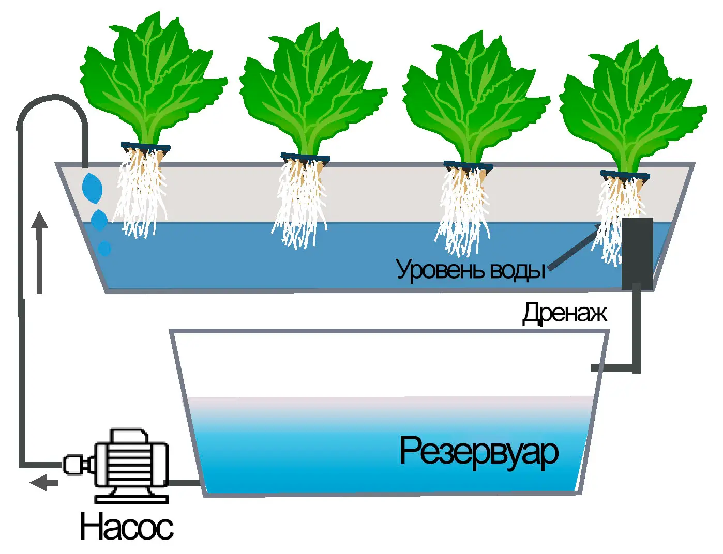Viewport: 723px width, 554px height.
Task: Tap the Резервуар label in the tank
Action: (479, 453)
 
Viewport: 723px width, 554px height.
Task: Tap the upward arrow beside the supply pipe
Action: (40, 252)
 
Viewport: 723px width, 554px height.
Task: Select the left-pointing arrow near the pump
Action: (43, 483)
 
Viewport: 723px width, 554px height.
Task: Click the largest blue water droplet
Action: (92, 188)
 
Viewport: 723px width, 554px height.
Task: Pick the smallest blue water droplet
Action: (105, 248)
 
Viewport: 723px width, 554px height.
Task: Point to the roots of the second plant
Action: (299, 203)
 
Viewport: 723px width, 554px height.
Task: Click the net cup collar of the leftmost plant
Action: (146, 147)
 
